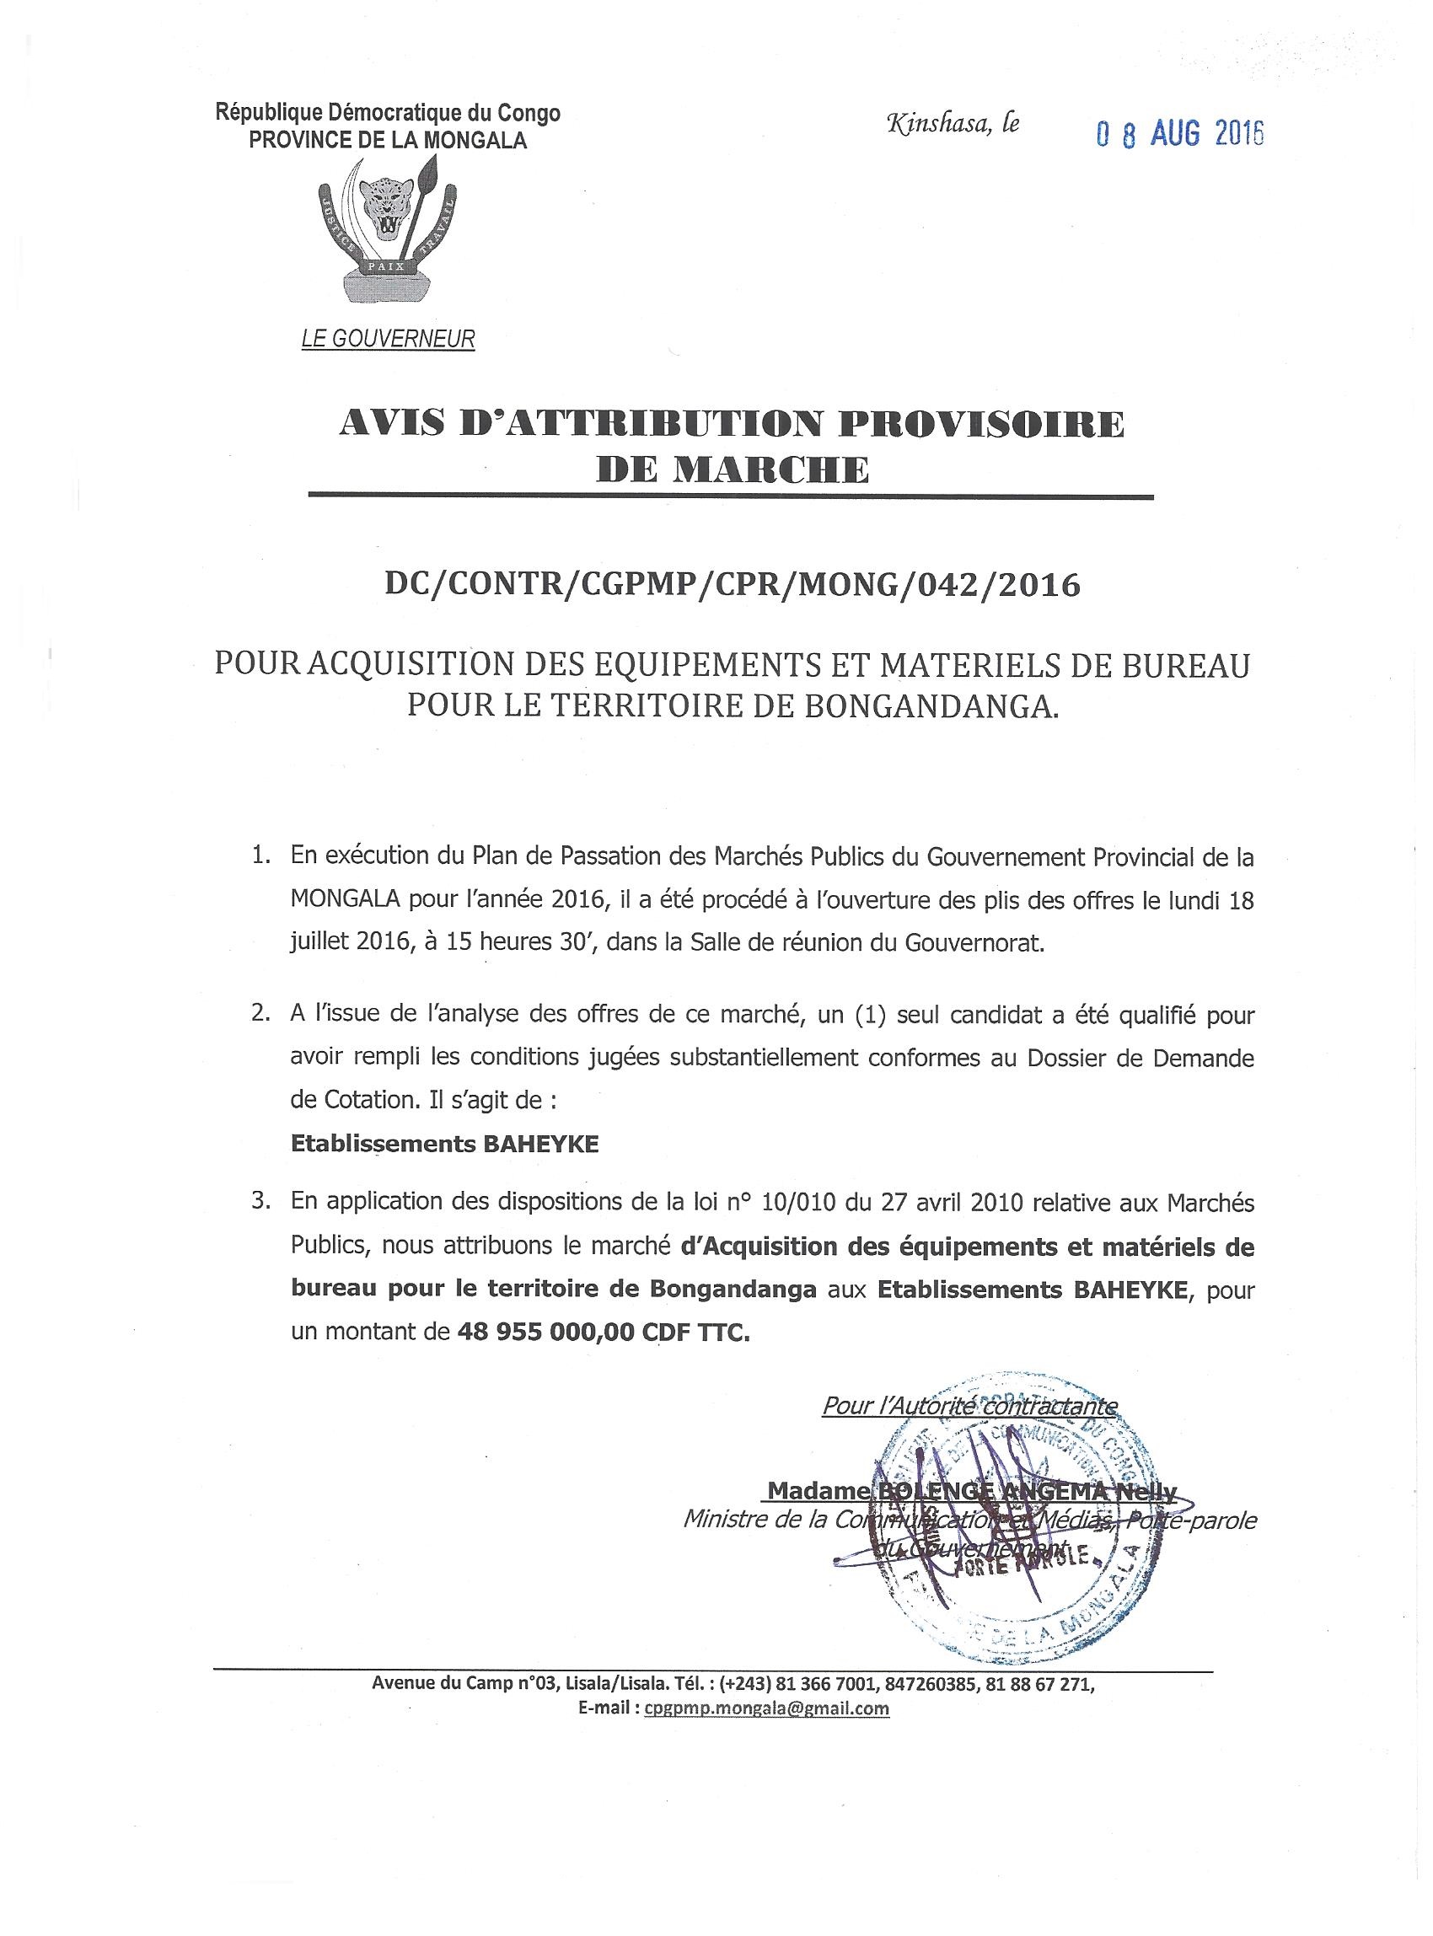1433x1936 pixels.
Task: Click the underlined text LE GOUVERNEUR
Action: point(388,339)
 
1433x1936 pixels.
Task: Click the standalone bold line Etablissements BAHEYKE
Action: point(445,1144)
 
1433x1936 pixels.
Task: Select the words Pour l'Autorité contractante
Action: point(969,1405)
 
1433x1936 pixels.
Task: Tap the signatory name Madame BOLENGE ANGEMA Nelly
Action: point(972,1493)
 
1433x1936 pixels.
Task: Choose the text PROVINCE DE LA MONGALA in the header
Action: point(388,141)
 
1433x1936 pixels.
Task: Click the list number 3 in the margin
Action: point(259,1202)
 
